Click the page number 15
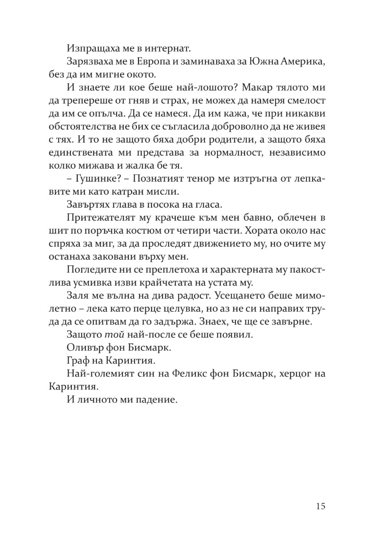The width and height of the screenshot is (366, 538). pyautogui.click(x=320, y=506)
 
